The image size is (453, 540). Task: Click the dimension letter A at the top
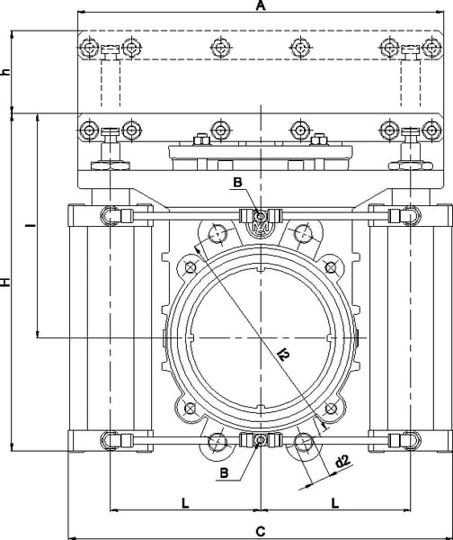[x=261, y=5]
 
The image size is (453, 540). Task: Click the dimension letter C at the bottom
[x=261, y=531]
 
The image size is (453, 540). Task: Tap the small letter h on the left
[x=5, y=72]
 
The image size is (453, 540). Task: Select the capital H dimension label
[x=5, y=282]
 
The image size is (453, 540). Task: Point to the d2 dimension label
[x=342, y=462]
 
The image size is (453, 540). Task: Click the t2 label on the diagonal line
[x=284, y=354]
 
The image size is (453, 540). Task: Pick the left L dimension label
[x=185, y=503]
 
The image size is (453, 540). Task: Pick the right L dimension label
[x=335, y=503]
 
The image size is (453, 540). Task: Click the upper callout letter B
[x=237, y=182]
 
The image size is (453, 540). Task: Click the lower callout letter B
[x=224, y=472]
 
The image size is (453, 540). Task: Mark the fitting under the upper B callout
[x=261, y=216]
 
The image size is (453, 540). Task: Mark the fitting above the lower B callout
[x=261, y=440]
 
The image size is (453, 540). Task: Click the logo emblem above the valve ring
[x=261, y=228]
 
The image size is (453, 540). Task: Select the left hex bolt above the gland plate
[x=202, y=139]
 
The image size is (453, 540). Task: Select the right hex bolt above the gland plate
[x=318, y=139]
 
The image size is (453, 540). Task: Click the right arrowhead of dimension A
[x=440, y=12]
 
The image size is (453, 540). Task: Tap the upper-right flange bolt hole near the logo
[x=303, y=233]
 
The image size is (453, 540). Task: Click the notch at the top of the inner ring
[x=261, y=268]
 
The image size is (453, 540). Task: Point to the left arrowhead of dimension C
[x=72, y=538]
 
